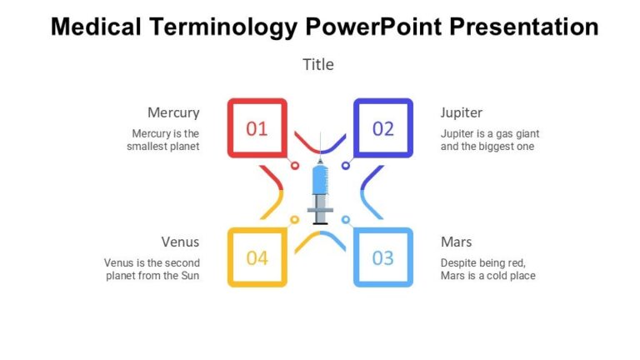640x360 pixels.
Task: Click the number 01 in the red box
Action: pyautogui.click(x=257, y=128)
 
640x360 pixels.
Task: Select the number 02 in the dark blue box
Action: pyautogui.click(x=382, y=128)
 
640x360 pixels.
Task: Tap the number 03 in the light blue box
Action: pyautogui.click(x=382, y=257)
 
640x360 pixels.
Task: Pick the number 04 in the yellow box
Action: pyautogui.click(x=257, y=257)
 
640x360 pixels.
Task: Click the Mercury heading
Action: pyautogui.click(x=173, y=112)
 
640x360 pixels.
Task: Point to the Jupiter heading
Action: pyautogui.click(x=462, y=112)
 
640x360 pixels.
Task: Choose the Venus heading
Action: pyautogui.click(x=180, y=242)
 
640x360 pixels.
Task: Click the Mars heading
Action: pyautogui.click(x=456, y=242)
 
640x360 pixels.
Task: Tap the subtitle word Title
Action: pyautogui.click(x=318, y=64)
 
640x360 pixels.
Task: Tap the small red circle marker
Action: pyautogui.click(x=294, y=166)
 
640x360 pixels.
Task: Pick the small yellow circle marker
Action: pyautogui.click(x=294, y=220)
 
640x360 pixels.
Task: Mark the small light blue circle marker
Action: pyautogui.click(x=345, y=220)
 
